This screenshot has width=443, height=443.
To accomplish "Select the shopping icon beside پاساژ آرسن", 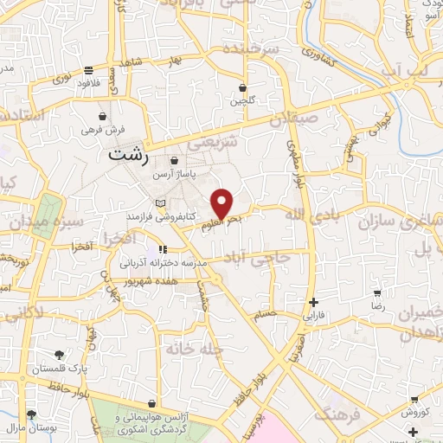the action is pos(175,161).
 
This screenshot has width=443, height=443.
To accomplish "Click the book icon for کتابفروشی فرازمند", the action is pos(158,203).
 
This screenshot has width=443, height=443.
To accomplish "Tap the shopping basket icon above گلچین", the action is pos(243,87).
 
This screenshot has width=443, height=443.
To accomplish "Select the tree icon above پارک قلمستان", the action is pos(60,355).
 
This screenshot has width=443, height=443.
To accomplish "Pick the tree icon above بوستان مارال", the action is pos(32,415).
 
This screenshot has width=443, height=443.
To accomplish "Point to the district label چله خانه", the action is pos(203,349).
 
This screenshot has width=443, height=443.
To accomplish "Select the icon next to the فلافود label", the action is pos(89,71).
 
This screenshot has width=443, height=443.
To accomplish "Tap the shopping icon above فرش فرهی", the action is pos(103,115).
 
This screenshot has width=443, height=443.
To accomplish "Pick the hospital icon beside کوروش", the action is pos(416,399).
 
